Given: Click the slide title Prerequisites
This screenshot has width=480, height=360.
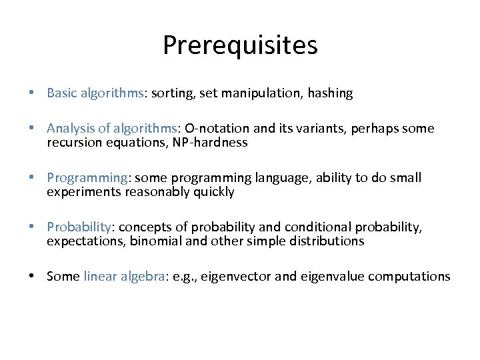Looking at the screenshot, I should click(x=240, y=45).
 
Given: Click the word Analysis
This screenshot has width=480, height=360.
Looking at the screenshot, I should click(x=70, y=128).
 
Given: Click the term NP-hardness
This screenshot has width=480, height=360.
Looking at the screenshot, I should click(x=213, y=143).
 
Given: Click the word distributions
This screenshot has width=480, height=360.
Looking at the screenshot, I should click(x=326, y=241).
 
